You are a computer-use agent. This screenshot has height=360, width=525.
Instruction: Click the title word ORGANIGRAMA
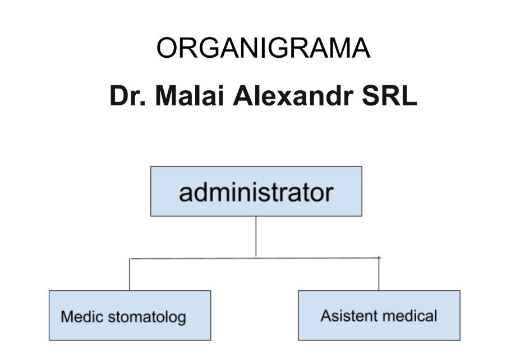pos(262,49)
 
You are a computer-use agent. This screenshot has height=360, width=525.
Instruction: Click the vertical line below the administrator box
pos(256,236)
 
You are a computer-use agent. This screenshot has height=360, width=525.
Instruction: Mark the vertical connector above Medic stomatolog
pos(130,275)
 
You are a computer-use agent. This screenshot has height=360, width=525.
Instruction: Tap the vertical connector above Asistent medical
pos(379,275)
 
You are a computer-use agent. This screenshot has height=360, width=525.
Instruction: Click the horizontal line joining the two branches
pos(196,258)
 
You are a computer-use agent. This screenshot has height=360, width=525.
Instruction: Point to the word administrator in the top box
pos(256,193)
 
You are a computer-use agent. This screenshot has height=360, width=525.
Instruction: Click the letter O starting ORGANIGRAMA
pos(167,49)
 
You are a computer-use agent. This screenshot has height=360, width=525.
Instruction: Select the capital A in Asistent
pos(325,316)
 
